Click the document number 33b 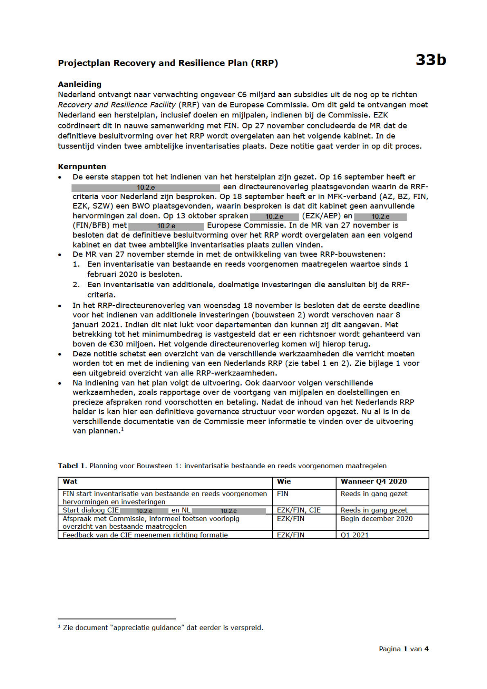pos(430,60)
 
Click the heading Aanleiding pos(80,84)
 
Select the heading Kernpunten pos(82,167)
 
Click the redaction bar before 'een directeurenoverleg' pos(146,188)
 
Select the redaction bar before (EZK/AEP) pos(274,216)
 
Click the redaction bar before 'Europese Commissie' pos(166,226)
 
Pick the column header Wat pos(70,482)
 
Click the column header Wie pos(284,482)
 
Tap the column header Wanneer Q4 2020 pos(374,482)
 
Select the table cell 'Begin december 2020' pos(376,519)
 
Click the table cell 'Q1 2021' pos(355,535)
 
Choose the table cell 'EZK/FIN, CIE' pos(299,510)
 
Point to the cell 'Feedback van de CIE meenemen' pos(145,535)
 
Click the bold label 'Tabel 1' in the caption pos(71,466)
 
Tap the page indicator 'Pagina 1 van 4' pos(403,649)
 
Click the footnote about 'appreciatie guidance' pos(161,628)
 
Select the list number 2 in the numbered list pos(76,285)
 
